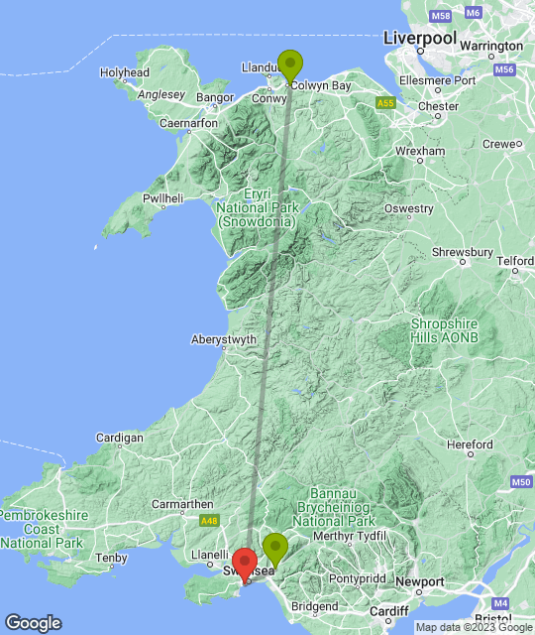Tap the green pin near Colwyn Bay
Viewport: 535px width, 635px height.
[x=289, y=64]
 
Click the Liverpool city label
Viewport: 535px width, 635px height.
[x=420, y=38]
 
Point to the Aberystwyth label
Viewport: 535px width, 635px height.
[x=224, y=339]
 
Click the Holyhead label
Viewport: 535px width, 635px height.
[x=125, y=72]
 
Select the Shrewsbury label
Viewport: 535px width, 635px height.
[x=463, y=252]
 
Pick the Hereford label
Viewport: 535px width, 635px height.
[x=470, y=444]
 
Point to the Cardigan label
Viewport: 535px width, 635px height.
[x=120, y=438]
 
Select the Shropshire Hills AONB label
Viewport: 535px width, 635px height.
[x=444, y=331]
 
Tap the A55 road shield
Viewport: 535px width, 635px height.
[x=387, y=102]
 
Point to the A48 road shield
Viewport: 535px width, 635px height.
[x=207, y=520]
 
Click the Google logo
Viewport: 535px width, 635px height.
[x=32, y=623]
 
